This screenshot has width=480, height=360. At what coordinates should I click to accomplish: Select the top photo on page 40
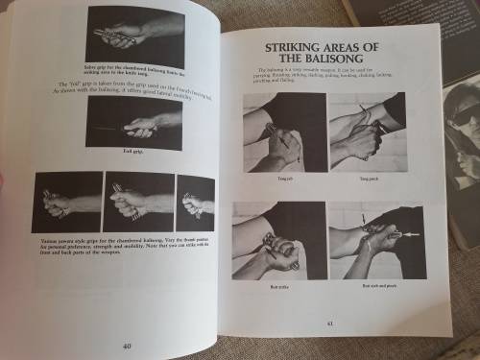coord(134,35)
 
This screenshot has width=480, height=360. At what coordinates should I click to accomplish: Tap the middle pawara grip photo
coord(139,203)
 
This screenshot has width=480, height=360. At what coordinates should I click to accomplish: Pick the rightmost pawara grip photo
coord(195,203)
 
